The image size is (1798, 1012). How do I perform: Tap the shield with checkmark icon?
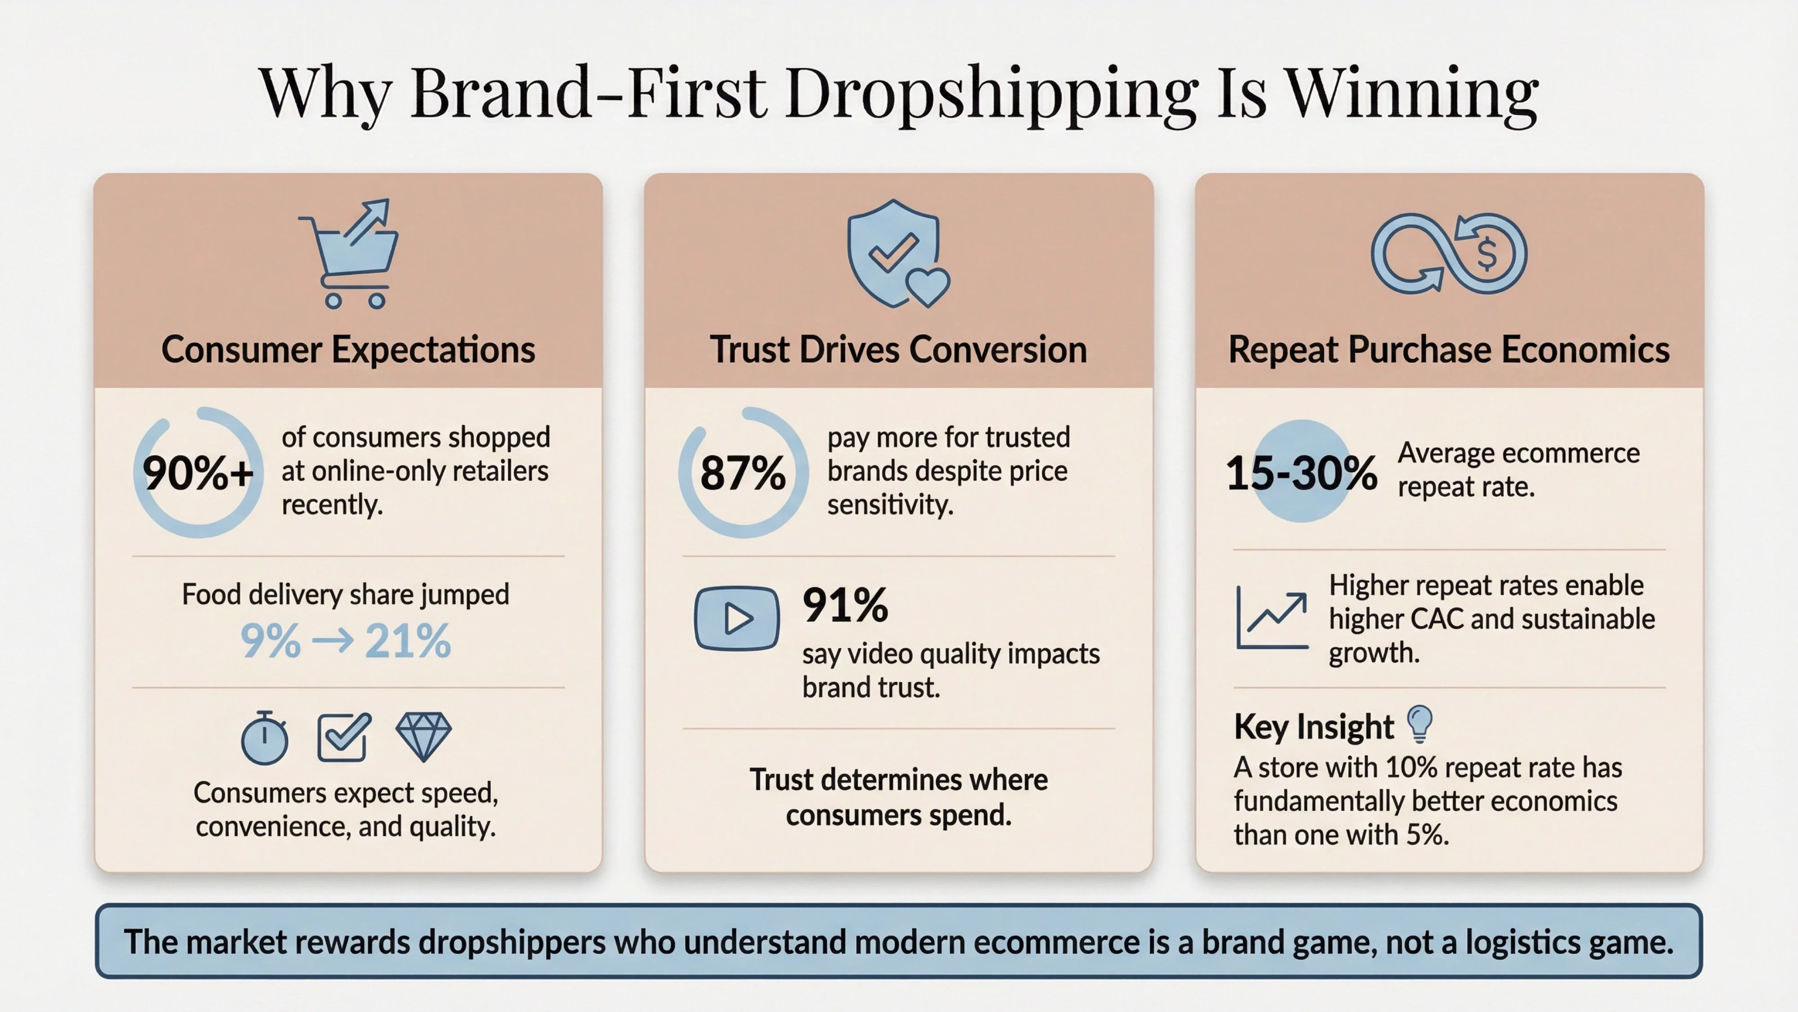pos(895,253)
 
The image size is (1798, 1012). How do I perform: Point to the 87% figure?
pos(743,473)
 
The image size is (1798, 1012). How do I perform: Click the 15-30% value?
pos(1301,473)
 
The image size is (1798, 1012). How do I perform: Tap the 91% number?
pos(845,605)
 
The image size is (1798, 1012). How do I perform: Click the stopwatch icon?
pos(265,738)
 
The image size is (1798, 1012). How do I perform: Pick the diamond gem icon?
pos(423,736)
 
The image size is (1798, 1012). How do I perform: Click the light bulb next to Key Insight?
pos(1420,723)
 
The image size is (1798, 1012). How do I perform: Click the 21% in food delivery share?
pos(408,641)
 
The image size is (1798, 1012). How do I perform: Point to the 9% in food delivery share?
pos(270,641)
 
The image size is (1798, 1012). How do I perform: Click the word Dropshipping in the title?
pos(991,94)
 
